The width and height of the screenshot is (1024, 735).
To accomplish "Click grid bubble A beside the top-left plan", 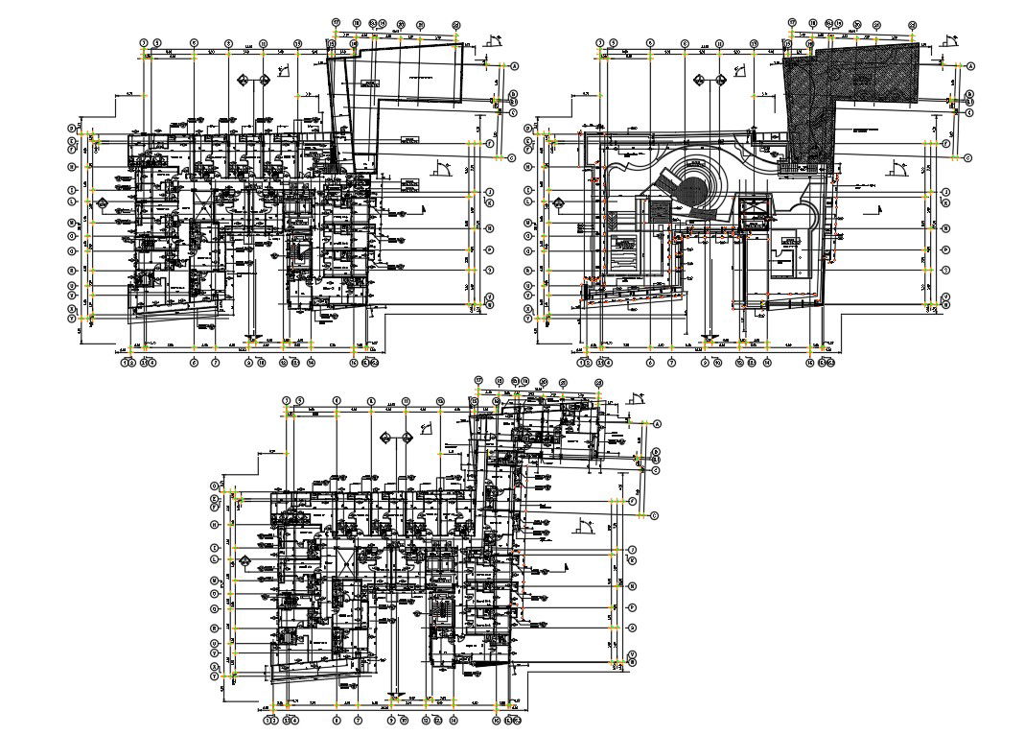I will [x=515, y=66].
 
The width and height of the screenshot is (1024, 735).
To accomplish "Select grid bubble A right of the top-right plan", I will [x=971, y=66].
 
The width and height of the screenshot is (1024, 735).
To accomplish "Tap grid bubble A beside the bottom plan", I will [x=658, y=423].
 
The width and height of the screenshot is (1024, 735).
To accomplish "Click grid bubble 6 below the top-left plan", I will [x=194, y=363].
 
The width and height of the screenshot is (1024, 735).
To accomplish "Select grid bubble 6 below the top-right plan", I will [x=650, y=363].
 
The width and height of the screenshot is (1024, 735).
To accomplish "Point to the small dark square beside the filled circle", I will [x=660, y=209].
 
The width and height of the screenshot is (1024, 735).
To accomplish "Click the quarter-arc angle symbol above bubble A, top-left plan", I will [x=495, y=41].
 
